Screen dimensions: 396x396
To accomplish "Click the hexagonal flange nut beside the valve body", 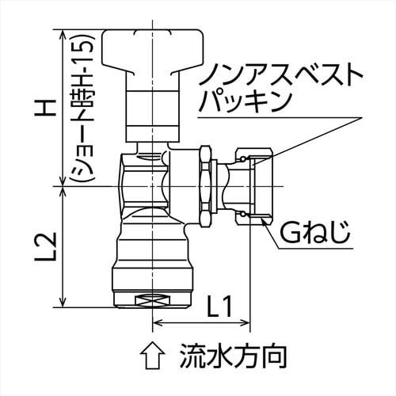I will tap(204, 187).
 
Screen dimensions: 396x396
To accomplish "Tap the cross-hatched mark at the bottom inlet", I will tap(153, 302).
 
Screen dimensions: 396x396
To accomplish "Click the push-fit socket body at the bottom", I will tap(152, 261).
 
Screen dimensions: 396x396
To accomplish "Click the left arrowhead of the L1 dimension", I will tap(157, 323).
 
